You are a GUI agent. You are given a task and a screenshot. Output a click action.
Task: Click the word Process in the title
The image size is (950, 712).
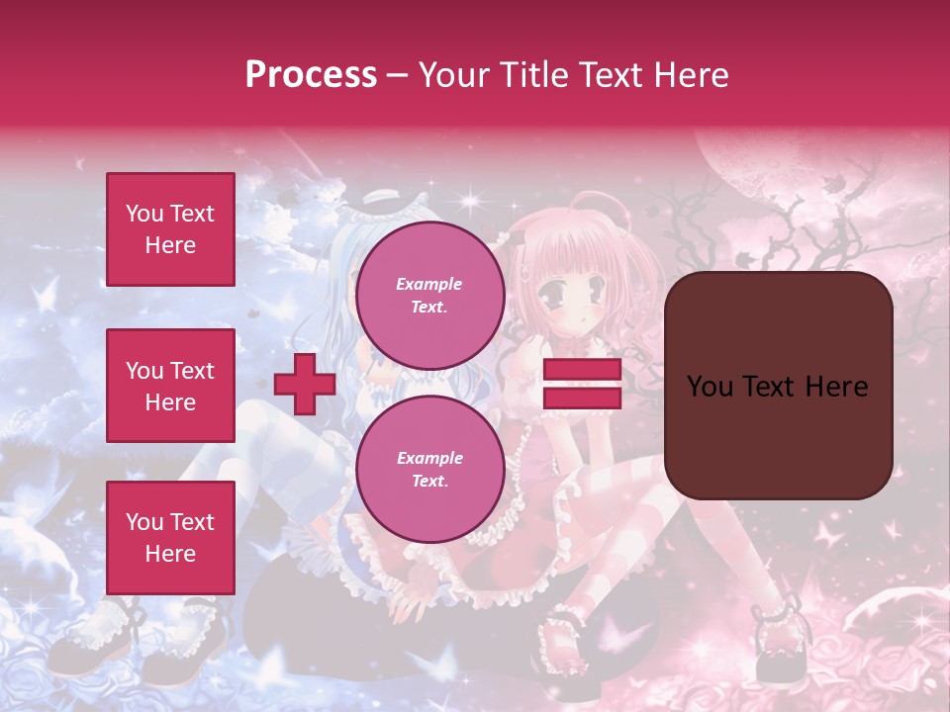[x=311, y=75]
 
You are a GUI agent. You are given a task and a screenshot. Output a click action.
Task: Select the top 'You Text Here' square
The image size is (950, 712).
[x=170, y=229]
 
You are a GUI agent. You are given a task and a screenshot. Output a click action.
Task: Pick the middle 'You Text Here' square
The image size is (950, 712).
[x=170, y=386]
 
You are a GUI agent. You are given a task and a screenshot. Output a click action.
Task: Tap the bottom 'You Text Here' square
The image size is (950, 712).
[x=170, y=537]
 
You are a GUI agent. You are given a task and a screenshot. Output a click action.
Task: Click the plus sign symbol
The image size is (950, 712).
[x=304, y=384]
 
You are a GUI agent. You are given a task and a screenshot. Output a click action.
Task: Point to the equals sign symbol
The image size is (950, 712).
[x=583, y=384]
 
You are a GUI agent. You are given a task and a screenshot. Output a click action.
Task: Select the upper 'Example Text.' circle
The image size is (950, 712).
[x=429, y=295]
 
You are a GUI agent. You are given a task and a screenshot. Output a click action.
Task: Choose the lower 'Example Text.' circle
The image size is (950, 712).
[x=429, y=469]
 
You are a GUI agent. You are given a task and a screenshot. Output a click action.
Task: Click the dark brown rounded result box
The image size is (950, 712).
[x=778, y=386]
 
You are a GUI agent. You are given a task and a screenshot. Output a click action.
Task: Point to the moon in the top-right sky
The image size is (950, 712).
[x=743, y=158]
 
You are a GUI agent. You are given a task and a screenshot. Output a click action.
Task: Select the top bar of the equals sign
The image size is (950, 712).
[x=583, y=370]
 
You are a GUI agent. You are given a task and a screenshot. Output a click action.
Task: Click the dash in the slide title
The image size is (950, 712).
[x=397, y=76]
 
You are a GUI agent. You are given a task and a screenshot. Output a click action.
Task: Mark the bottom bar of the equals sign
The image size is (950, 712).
[x=583, y=398]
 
